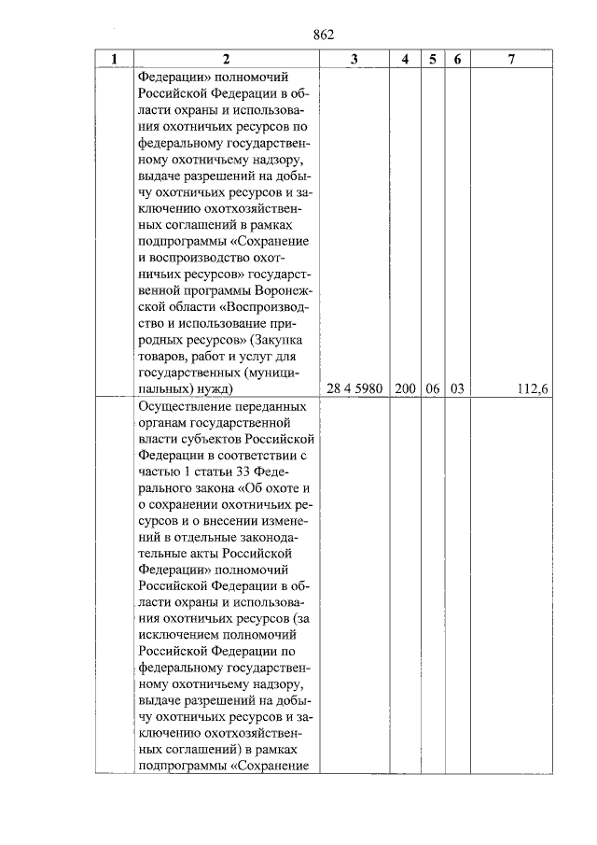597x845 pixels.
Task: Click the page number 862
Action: pyautogui.click(x=324, y=35)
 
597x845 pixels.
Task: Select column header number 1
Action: pyautogui.click(x=114, y=60)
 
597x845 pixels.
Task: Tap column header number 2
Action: pyautogui.click(x=226, y=60)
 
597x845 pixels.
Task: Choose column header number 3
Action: pyautogui.click(x=354, y=60)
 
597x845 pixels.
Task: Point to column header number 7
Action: pyautogui.click(x=511, y=60)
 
